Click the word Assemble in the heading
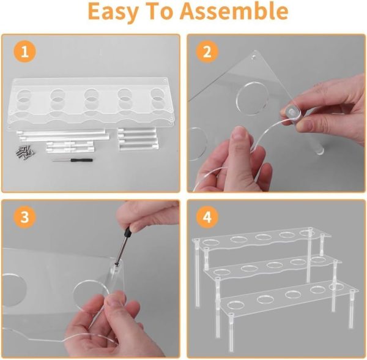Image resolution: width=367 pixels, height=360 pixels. pyautogui.click(x=234, y=10)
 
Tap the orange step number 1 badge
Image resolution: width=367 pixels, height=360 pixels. pyautogui.click(x=25, y=52)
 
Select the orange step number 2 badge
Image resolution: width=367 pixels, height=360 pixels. pyautogui.click(x=207, y=52)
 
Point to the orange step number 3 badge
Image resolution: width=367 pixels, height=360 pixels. pyautogui.click(x=25, y=217)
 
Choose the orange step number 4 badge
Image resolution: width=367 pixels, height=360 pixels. pyautogui.click(x=207, y=217)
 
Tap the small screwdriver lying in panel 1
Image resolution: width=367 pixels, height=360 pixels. pyautogui.click(x=72, y=160)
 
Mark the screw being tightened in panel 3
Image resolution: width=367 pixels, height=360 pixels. pyautogui.click(x=116, y=264)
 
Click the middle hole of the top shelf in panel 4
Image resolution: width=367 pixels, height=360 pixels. pyautogui.click(x=263, y=236)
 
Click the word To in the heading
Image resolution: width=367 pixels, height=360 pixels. pyautogui.click(x=160, y=11)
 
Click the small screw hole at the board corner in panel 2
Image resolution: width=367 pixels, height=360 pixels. pyautogui.click(x=254, y=57)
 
